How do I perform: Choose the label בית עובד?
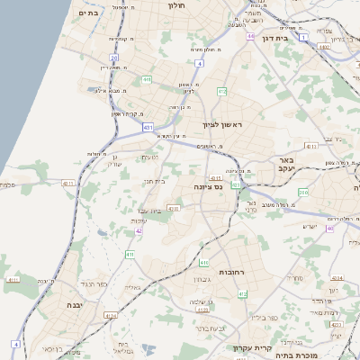tap(149, 211)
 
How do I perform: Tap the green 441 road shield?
tap(146, 80)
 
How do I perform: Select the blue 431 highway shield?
tap(148, 129)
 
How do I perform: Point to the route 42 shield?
tap(139, 231)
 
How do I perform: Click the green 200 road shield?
tap(302, 193)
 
